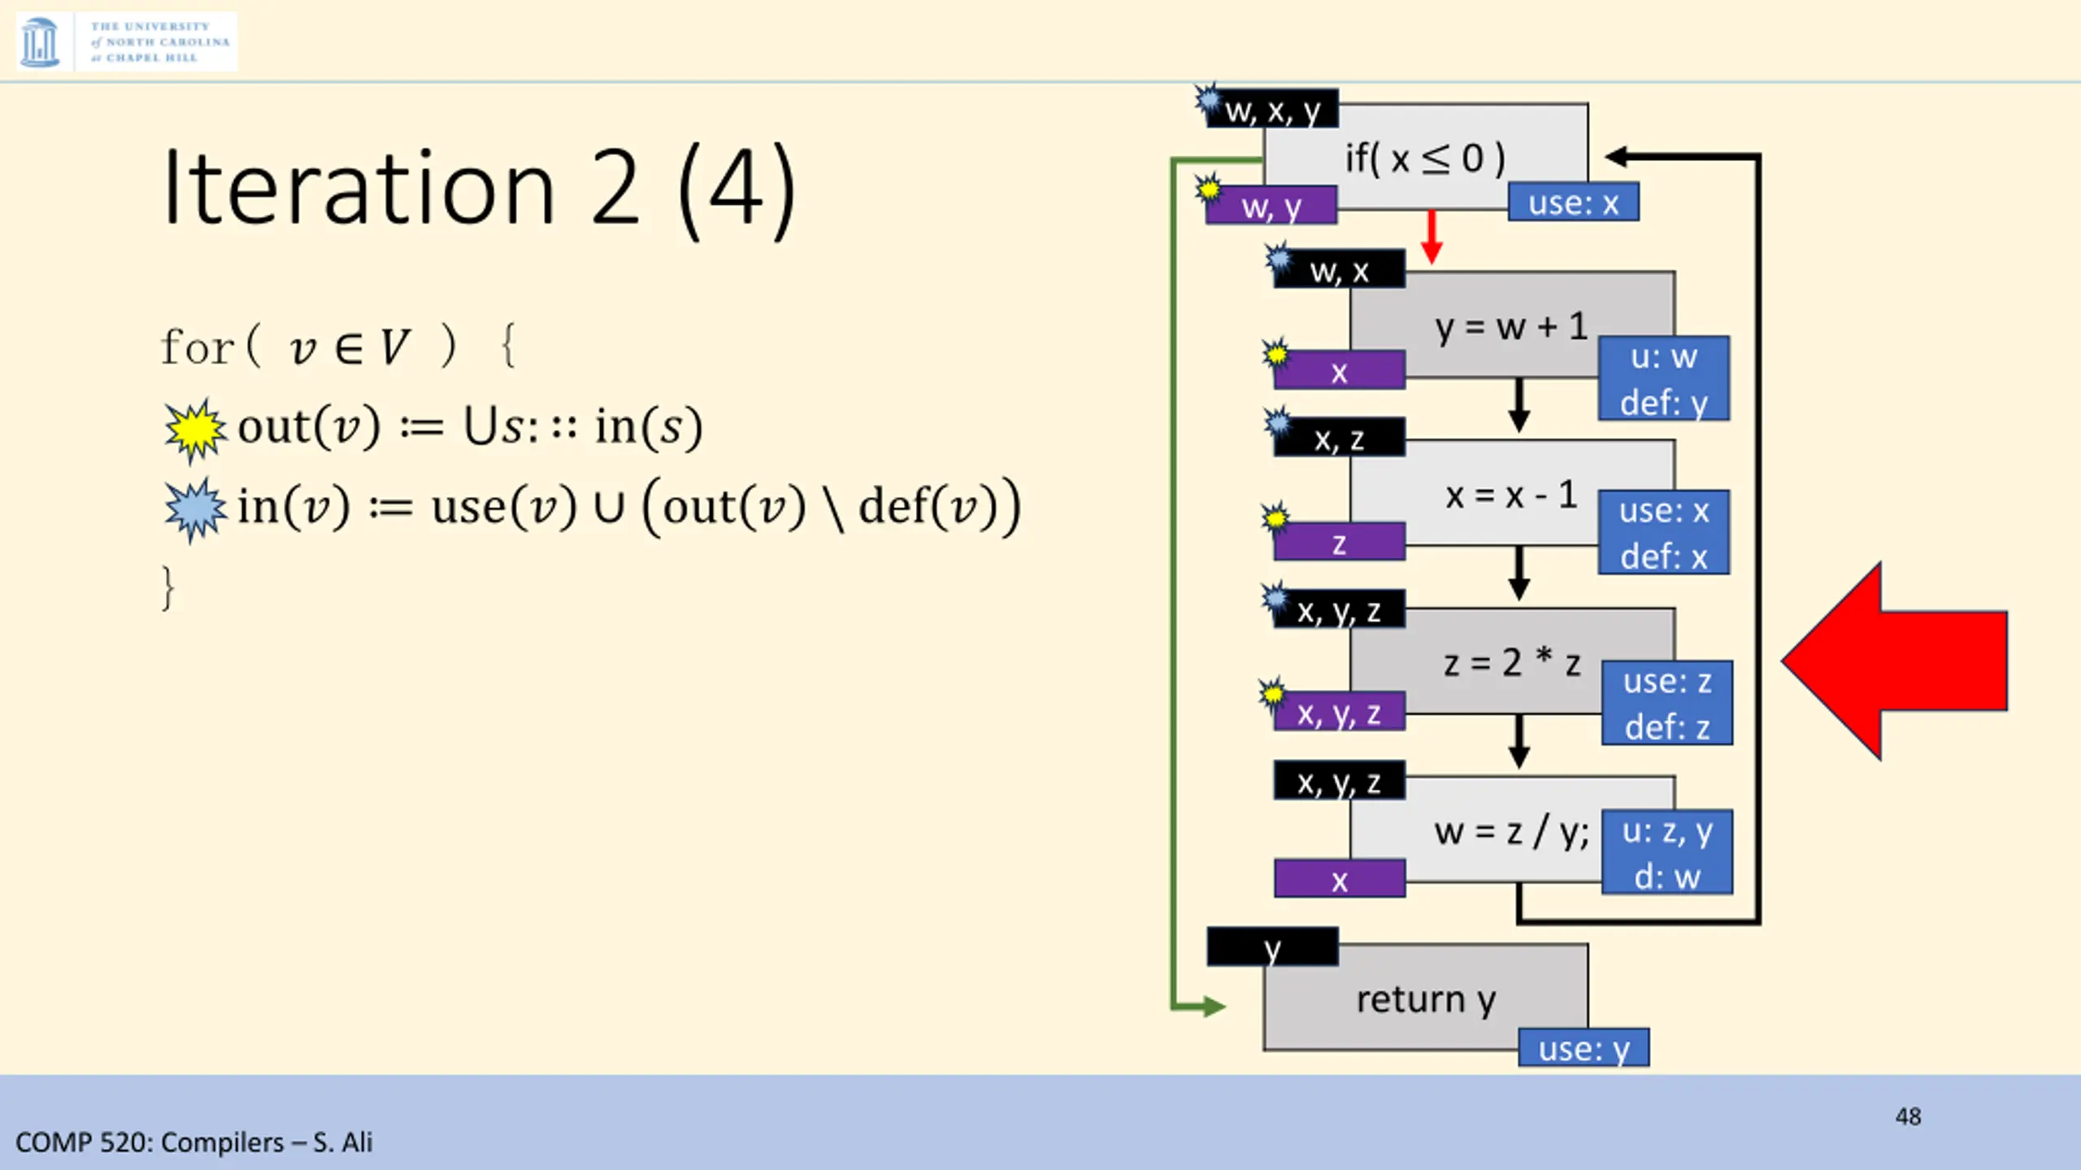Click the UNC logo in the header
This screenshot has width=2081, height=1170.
tap(126, 41)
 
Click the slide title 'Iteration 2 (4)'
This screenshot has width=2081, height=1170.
tap(478, 188)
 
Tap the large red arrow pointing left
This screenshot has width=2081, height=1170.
tap(1894, 661)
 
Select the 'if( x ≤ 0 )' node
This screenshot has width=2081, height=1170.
tap(1424, 158)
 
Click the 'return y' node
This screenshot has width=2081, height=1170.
tap(1425, 998)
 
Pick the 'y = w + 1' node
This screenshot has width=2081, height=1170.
tap(1510, 327)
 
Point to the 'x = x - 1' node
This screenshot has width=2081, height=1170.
tap(1510, 494)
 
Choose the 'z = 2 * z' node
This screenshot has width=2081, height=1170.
tap(1510, 662)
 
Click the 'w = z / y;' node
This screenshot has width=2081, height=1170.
tap(1510, 831)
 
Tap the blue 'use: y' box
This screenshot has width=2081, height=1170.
tap(1584, 1048)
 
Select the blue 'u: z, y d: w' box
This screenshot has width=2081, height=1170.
tap(1666, 852)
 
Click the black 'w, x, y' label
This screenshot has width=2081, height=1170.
tap(1272, 109)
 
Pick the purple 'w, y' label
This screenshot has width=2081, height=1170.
tap(1271, 206)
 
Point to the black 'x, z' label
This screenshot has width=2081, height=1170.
tap(1339, 439)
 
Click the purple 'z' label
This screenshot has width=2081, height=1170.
tap(1339, 543)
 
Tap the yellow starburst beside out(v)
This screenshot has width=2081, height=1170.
tap(195, 430)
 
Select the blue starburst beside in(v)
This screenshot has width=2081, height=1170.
tap(195, 509)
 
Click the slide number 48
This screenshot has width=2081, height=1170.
tap(1908, 1116)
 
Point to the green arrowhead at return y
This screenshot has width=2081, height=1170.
tap(1213, 1007)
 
